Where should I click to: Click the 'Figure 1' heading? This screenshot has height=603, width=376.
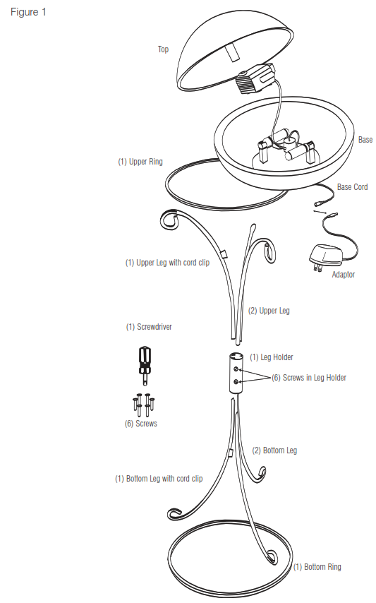coord(28,12)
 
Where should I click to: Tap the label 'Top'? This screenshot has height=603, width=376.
coord(163,49)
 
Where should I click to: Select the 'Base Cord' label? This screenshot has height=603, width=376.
coord(352,187)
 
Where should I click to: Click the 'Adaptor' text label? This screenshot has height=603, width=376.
coord(344,275)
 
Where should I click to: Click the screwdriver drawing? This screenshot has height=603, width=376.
coord(145,365)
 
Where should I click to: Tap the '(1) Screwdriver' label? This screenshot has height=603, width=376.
coord(149,327)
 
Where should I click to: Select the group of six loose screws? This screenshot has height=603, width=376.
coord(144,405)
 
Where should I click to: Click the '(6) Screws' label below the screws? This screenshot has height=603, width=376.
coord(141,424)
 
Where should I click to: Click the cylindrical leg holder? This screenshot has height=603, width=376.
coord(236,373)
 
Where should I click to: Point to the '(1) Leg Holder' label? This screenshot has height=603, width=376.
coord(272,357)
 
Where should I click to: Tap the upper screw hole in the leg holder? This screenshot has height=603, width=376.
coord(237,369)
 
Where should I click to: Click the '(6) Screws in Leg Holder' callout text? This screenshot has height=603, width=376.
coord(309,378)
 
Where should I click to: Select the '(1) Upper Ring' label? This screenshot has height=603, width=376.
coord(140,162)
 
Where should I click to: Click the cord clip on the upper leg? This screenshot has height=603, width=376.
coord(224,253)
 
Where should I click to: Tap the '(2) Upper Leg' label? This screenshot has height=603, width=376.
coord(269,311)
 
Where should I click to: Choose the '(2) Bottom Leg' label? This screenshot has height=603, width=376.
coord(274,450)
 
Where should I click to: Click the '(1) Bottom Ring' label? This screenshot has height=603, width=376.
coord(317,567)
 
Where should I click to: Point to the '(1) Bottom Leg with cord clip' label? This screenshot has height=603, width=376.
coord(159,479)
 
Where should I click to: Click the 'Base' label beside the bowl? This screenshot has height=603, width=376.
coord(365,140)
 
